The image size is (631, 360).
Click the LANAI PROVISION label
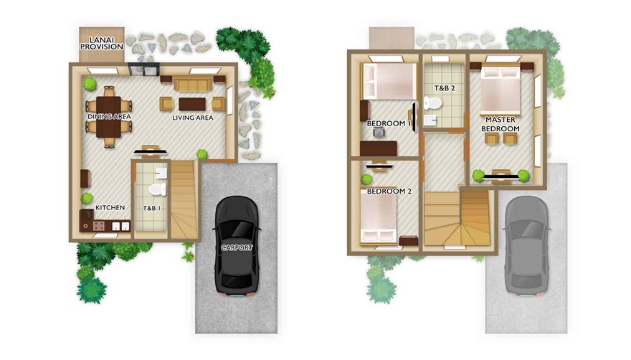(x=101, y=44)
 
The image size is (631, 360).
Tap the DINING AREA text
(x=110, y=116)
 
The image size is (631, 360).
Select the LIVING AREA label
(x=193, y=118)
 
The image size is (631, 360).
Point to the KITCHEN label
(x=110, y=207)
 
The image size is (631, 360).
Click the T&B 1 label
(x=152, y=208)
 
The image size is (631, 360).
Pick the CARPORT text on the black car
(x=237, y=247)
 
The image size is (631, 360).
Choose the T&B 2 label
(x=445, y=87)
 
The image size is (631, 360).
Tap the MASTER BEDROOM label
(x=500, y=124)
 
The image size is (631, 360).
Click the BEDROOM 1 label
(x=389, y=123)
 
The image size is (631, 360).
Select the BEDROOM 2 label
(x=389, y=191)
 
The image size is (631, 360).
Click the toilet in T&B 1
(x=157, y=189)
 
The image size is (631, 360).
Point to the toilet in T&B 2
(x=432, y=103)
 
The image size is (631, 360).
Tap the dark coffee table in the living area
(x=192, y=104)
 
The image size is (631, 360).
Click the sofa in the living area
(x=193, y=85)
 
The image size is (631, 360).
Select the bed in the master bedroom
(x=500, y=90)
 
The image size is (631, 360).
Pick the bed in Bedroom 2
(x=379, y=218)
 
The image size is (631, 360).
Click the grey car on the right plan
(x=526, y=247)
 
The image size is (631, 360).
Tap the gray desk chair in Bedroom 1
(x=379, y=132)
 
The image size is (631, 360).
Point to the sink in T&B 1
(x=161, y=173)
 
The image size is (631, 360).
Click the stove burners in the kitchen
(x=99, y=225)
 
